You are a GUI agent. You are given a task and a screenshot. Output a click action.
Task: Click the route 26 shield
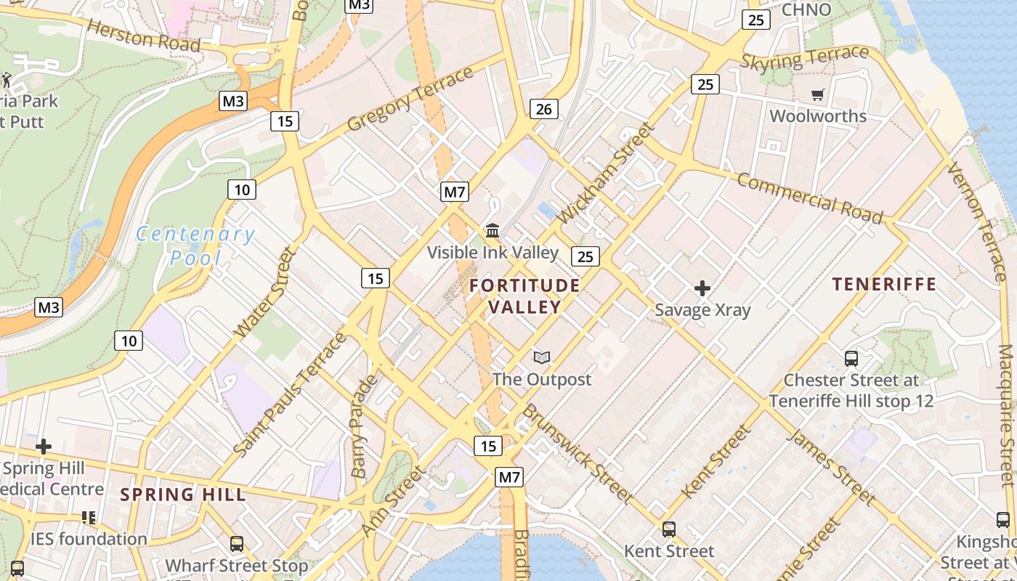tap(543, 110)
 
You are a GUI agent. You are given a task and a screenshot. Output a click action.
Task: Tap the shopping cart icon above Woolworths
tap(818, 94)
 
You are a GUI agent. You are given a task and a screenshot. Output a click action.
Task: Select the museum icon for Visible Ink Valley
tap(493, 231)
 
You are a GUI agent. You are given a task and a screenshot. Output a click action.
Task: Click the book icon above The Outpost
tap(542, 357)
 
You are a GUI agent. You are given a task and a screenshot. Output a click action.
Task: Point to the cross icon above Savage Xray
tap(702, 288)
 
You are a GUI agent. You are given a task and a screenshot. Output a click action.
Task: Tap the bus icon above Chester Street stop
tap(851, 358)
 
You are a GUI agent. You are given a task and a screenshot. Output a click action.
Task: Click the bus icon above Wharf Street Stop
tap(236, 543)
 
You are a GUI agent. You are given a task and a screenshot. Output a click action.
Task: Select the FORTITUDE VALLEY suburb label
tap(524, 296)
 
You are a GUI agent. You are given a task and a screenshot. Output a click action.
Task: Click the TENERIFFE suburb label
tap(884, 284)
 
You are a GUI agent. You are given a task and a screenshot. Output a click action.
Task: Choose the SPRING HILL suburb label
tap(183, 495)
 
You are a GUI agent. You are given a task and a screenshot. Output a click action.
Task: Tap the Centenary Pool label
tap(195, 245)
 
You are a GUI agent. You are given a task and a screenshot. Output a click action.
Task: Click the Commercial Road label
tap(810, 198)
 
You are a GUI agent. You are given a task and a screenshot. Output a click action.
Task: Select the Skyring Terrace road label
tap(804, 57)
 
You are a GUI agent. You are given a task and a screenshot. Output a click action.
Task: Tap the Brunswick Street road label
tap(578, 452)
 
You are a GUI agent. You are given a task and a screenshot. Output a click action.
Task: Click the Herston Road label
tap(144, 35)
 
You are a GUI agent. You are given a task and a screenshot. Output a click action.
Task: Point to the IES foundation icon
tap(89, 518)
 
